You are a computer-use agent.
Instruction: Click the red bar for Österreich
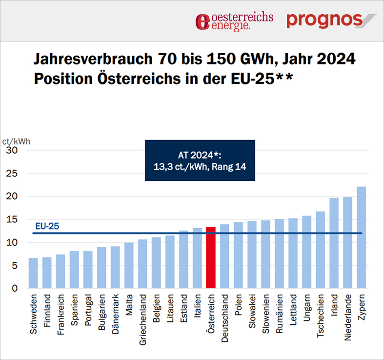[x=211, y=258]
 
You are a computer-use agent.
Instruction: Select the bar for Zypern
[x=362, y=237]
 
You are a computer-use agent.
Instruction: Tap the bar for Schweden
[x=33, y=273]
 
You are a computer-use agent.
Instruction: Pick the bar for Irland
[x=334, y=243]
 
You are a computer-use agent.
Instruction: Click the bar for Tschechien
[x=321, y=250]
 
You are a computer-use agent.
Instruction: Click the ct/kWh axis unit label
[x=16, y=142]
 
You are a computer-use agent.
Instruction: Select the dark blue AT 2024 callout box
[x=200, y=160]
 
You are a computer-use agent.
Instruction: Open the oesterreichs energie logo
[x=234, y=21]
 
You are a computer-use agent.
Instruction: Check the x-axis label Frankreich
[x=61, y=314]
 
